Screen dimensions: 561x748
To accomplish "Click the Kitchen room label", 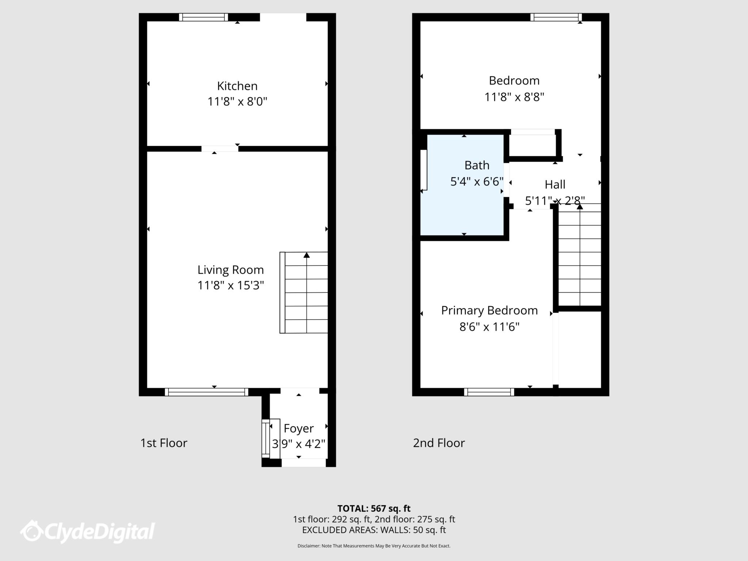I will [x=237, y=86].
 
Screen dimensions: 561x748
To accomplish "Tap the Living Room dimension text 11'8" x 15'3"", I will [x=230, y=285].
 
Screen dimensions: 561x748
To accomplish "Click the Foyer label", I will [x=298, y=428].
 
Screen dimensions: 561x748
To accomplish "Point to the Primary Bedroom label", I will [x=489, y=310].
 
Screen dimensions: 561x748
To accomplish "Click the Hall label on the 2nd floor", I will [x=555, y=184].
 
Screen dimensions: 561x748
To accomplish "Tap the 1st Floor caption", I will [x=164, y=443].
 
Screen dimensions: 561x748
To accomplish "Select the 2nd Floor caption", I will [x=439, y=443].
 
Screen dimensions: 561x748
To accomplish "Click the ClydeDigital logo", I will [x=88, y=531].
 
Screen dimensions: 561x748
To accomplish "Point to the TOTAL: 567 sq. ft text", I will [x=374, y=508].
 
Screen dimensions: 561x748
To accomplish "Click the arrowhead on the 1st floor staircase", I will [x=306, y=255].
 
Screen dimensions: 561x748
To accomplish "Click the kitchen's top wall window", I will [x=203, y=17].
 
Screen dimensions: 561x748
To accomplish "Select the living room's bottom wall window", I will [x=206, y=392].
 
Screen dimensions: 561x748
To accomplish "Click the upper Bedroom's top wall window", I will [x=556, y=17].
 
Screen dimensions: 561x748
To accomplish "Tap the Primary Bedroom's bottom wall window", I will [x=489, y=392].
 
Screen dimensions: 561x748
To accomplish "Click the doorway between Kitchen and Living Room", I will [x=220, y=149].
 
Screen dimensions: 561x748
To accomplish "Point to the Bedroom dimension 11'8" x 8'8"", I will [x=514, y=97].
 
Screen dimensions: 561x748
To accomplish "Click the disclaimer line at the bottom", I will [x=374, y=546].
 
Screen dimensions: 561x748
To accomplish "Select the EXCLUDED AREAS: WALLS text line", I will [x=374, y=530].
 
